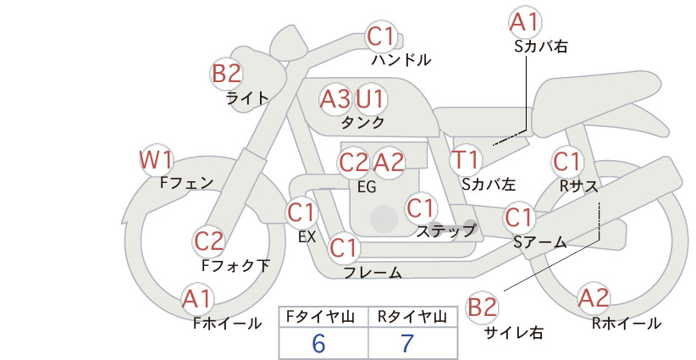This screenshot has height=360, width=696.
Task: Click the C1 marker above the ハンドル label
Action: click(x=382, y=36)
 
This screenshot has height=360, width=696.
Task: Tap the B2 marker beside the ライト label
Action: click(x=226, y=73)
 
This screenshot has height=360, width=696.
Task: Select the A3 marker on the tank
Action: click(x=335, y=99)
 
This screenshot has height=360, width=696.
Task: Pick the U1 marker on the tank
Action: click(x=370, y=99)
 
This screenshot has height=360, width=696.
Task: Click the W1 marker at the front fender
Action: click(x=156, y=160)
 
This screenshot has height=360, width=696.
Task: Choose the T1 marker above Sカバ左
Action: click(x=466, y=160)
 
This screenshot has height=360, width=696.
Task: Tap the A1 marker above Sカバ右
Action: click(x=525, y=23)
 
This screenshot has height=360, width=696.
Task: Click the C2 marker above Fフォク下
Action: click(x=208, y=241)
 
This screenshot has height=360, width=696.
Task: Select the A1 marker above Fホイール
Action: click(x=196, y=299)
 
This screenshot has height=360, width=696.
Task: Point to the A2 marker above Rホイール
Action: click(x=594, y=298)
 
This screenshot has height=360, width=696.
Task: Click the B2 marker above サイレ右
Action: click(x=482, y=307)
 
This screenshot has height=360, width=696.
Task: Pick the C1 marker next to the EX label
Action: click(x=301, y=213)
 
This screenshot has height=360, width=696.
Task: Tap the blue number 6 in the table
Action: click(x=318, y=343)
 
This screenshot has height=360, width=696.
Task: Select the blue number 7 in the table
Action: click(x=407, y=343)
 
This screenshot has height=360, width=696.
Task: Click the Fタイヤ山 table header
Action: click(x=320, y=317)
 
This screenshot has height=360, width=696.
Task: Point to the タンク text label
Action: click(x=362, y=122)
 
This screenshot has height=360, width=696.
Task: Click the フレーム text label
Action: click(x=373, y=272)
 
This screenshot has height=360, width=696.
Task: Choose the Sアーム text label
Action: click(x=540, y=242)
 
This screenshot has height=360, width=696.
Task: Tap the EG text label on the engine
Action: click(x=367, y=187)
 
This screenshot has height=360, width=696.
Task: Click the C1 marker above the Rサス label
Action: click(x=566, y=162)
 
